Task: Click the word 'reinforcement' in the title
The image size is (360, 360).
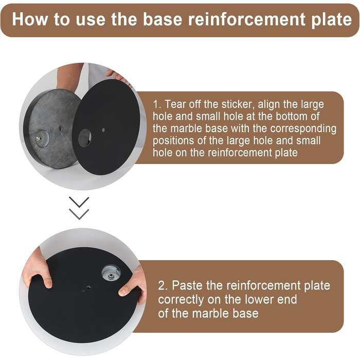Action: coord(247,19)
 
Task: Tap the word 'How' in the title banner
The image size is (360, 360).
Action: coord(30,19)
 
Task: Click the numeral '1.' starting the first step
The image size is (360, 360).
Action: coord(157,104)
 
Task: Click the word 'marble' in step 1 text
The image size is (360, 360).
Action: coord(186,129)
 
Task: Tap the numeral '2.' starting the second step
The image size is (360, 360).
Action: coord(163,286)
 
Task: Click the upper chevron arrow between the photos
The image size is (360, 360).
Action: coord(79,202)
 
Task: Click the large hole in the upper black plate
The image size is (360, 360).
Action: coord(85,138)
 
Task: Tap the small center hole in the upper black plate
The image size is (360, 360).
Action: coord(103,130)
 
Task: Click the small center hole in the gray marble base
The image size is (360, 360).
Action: coord(61,129)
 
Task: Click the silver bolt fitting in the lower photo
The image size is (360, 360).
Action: coord(111,273)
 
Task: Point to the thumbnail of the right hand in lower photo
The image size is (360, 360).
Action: coord(122,292)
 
